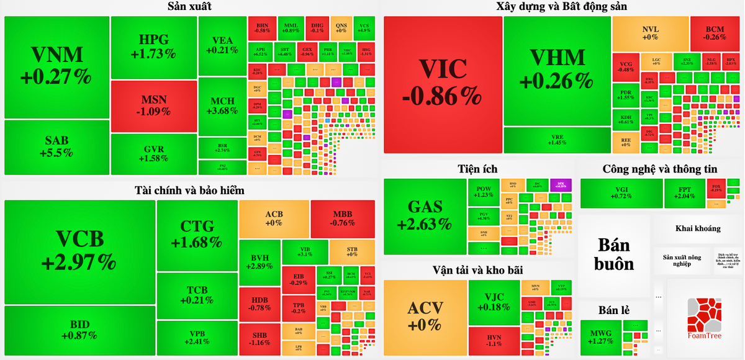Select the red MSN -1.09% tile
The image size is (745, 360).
tap(154, 106)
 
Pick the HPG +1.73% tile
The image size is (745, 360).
tap(154, 47)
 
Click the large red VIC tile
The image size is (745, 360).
tap(442, 84)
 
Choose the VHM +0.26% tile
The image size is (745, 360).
tap(558, 68)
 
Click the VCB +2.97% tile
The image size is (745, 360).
tap(79, 251)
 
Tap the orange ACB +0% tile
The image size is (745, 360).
tap(274, 218)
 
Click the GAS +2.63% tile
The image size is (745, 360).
tap(425, 216)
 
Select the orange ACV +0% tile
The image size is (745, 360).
tap(425, 317)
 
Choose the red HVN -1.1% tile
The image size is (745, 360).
tap(494, 340)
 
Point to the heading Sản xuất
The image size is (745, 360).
tap(189, 7)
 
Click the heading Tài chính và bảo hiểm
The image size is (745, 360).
tap(189, 190)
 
